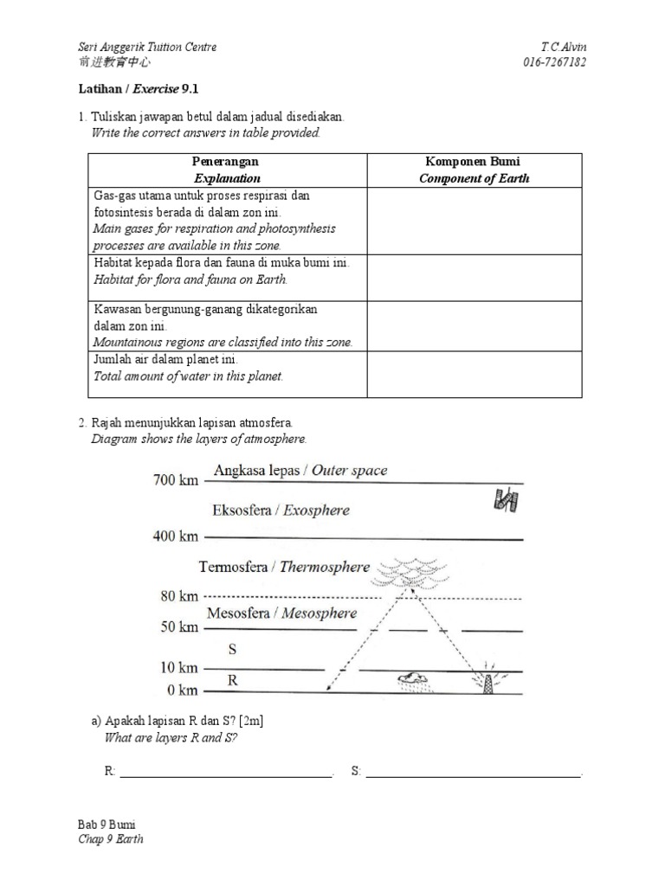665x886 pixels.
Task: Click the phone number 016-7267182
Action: (554, 62)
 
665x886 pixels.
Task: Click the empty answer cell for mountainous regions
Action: (475, 326)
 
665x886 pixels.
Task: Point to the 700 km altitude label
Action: (176, 479)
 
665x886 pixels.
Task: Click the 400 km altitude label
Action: (176, 536)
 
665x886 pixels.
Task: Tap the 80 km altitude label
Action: (179, 596)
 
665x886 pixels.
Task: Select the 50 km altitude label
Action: (179, 626)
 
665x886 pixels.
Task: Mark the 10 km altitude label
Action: (179, 668)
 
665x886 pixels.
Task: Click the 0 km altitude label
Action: (183, 690)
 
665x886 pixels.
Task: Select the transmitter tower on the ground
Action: (485, 679)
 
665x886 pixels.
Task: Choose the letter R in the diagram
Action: (232, 681)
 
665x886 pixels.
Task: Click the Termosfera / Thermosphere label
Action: (284, 568)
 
